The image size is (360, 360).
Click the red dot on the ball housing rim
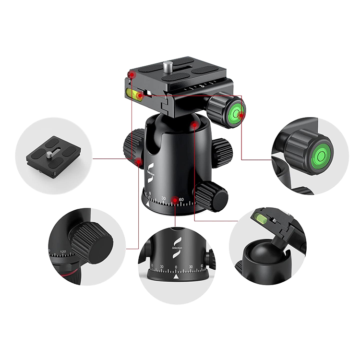tap(194, 126)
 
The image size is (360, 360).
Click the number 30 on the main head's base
tap(164, 199)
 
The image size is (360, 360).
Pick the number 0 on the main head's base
tap(150, 194)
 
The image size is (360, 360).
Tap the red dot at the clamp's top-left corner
tap(130, 74)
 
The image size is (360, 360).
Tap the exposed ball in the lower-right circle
tap(262, 254)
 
